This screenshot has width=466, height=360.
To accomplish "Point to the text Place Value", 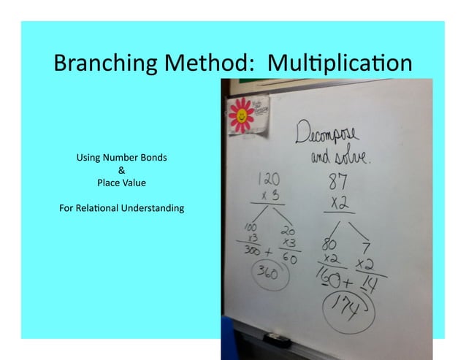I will coord(121,183).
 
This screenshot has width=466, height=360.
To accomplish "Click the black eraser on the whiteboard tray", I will coord(276,339).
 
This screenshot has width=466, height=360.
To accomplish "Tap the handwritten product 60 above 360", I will coord(290,257).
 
